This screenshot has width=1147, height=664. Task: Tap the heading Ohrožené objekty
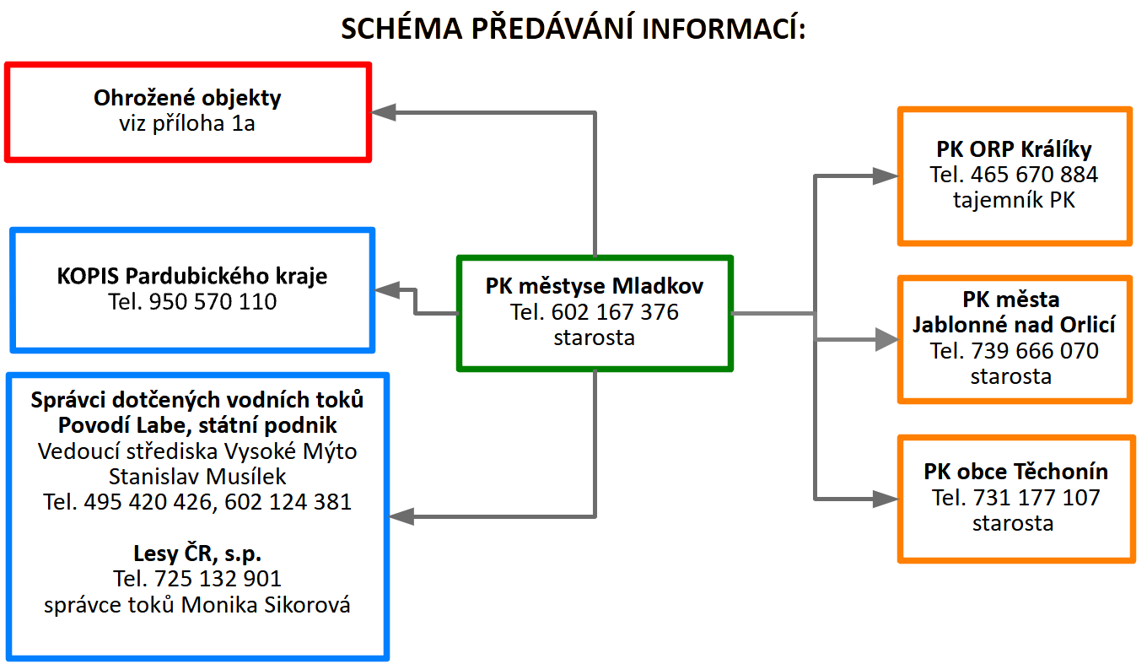pyautogui.click(x=187, y=98)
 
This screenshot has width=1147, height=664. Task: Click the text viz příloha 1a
pyautogui.click(x=187, y=123)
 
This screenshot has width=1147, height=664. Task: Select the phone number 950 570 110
pyautogui.click(x=213, y=301)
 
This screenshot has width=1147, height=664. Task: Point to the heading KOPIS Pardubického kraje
pyautogui.click(x=192, y=276)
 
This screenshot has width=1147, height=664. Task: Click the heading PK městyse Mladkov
pyautogui.click(x=595, y=286)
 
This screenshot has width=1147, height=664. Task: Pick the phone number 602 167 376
pyautogui.click(x=615, y=312)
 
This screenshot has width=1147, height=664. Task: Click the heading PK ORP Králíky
pyautogui.click(x=1014, y=149)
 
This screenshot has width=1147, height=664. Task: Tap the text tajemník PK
pyautogui.click(x=1014, y=200)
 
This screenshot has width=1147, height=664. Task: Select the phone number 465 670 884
pyautogui.click(x=1034, y=175)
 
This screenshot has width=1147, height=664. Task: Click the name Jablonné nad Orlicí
pyautogui.click(x=1014, y=325)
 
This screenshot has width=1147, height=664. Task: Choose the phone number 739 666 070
pyautogui.click(x=1035, y=351)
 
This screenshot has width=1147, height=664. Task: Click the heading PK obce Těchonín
pyautogui.click(x=1016, y=472)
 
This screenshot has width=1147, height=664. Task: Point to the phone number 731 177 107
pyautogui.click(x=1037, y=498)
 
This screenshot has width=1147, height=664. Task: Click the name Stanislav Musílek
pyautogui.click(x=197, y=477)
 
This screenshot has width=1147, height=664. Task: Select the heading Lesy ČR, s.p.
pyautogui.click(x=197, y=553)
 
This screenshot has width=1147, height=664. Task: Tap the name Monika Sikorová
pyautogui.click(x=266, y=605)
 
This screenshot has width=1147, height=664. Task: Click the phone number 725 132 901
pyautogui.click(x=218, y=579)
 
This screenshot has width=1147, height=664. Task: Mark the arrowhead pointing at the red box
pyautogui.click(x=383, y=112)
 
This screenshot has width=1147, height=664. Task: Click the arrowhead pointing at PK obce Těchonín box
pyautogui.click(x=886, y=499)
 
